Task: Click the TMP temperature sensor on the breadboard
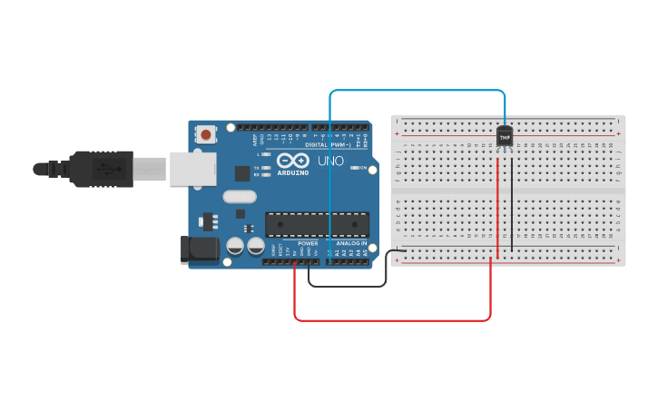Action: [x=505, y=136]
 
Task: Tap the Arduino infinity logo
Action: [x=292, y=161]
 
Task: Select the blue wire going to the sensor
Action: [x=417, y=91]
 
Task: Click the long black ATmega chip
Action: [x=317, y=224]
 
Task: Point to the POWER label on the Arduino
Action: [x=308, y=243]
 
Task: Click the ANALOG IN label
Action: [x=351, y=243]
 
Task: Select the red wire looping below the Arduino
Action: [x=390, y=319]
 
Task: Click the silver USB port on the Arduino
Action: [x=192, y=169]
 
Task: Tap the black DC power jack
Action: [x=200, y=250]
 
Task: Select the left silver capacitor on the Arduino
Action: [x=235, y=246]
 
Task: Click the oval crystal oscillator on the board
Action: [x=240, y=197]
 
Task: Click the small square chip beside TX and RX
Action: [x=242, y=173]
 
